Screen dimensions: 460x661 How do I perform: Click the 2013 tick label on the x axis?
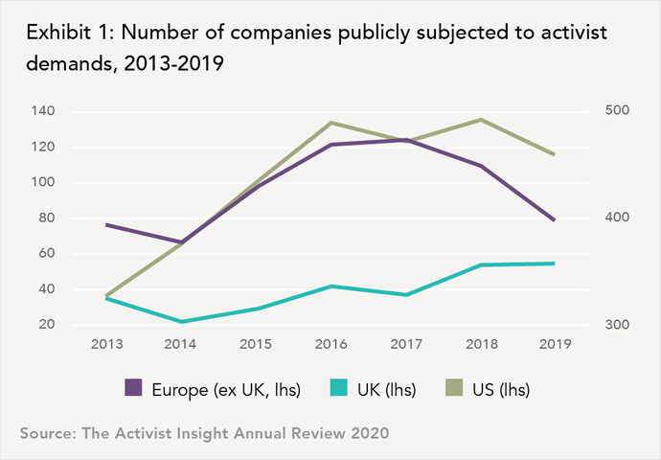[105, 343]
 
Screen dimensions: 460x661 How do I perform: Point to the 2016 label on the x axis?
[330, 343]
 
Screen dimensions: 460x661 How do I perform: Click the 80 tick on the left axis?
[46, 218]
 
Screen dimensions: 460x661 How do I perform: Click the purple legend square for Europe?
[134, 388]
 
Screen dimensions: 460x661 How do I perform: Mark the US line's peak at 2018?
[480, 120]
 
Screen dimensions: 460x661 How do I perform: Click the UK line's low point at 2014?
[180, 322]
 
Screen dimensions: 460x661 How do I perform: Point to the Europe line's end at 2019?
[555, 220]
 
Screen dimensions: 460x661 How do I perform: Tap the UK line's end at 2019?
[555, 264]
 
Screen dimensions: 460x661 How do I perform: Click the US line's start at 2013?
[105, 296]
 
